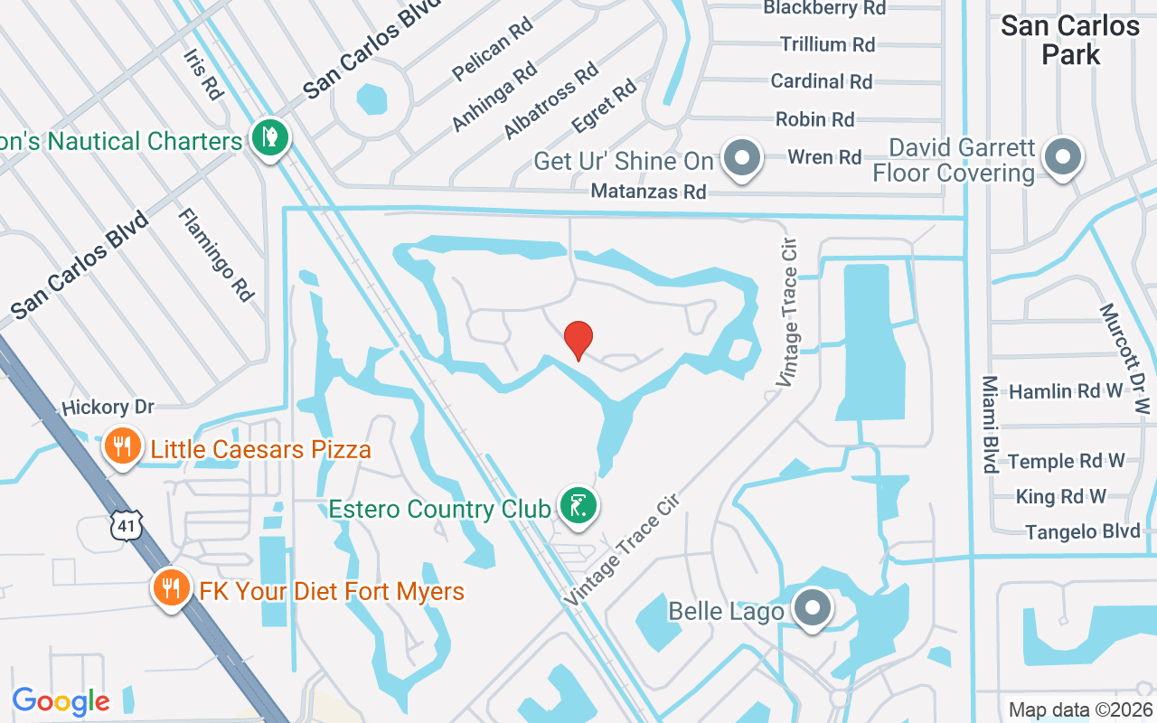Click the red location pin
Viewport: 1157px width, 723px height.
click(x=578, y=339)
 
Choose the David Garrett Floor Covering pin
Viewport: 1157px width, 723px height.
click(x=1063, y=156)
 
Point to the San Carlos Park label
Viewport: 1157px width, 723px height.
click(x=1070, y=40)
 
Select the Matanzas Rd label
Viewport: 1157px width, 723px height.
click(x=648, y=192)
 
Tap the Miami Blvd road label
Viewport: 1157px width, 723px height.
click(x=990, y=424)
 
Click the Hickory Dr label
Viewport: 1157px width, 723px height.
click(x=108, y=408)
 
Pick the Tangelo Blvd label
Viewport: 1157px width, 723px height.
click(x=1083, y=531)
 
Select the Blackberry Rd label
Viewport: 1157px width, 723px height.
click(x=824, y=8)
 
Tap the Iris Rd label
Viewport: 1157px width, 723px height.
click(x=202, y=74)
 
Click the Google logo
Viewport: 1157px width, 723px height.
click(x=61, y=701)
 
